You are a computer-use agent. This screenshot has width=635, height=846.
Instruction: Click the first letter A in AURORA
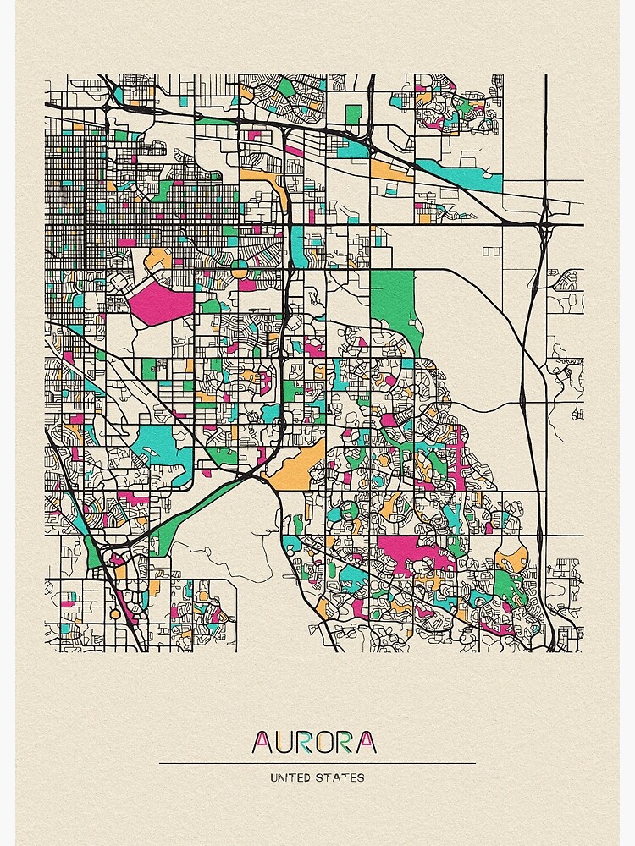point(262,742)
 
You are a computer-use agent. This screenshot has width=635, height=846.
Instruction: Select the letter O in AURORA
point(324,742)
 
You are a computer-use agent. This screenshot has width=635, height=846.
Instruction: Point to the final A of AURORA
point(366,742)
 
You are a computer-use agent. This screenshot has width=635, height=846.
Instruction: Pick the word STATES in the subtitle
point(344,777)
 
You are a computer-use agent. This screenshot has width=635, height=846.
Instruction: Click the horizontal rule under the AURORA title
point(317,763)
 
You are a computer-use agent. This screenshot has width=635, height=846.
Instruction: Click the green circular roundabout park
point(239,269)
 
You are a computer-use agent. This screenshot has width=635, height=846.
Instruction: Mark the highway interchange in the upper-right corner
point(546,211)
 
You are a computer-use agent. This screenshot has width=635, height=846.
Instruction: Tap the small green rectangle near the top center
point(353,114)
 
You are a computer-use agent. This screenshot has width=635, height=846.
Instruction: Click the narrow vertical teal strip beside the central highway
point(297,241)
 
